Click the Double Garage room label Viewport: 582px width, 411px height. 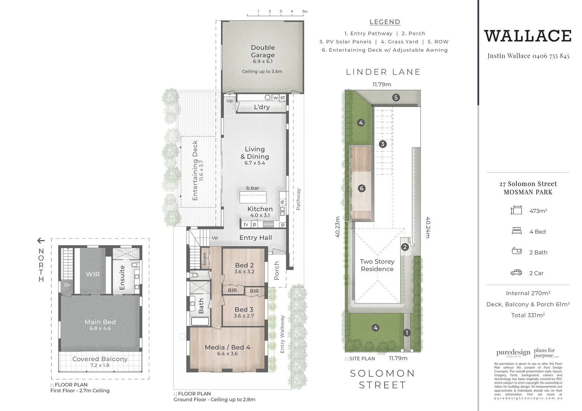pos(262,51)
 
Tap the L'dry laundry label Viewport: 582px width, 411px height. pos(262,107)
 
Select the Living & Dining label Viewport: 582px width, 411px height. pos(255,153)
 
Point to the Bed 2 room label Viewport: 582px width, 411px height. pos(244,265)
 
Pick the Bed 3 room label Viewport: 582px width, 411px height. pos(244,309)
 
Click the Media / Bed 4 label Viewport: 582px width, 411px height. pos(227,347)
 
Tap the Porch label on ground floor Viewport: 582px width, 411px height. pos(277,271)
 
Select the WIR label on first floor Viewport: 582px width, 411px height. pos(93,274)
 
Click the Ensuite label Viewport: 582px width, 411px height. pos(122,277)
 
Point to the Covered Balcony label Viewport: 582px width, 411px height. pos(100,359)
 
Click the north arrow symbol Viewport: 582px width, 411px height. pos(41,241)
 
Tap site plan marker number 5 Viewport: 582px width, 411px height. pos(396,97)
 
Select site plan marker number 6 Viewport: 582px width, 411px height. pos(362,188)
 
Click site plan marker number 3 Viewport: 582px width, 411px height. pos(382,144)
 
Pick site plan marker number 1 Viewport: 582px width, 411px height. pos(406,333)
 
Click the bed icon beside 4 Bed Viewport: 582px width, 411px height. pos(516,231)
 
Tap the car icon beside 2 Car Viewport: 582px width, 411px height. pos(516,272)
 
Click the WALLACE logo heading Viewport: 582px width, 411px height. pos(528,36)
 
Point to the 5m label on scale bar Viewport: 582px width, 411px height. pos(305,11)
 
